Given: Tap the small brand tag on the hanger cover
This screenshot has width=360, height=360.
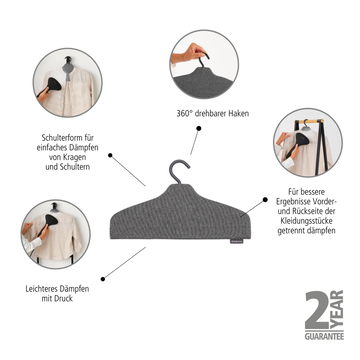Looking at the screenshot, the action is [x=235, y=241].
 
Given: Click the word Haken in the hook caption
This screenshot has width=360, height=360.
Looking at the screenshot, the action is [x=239, y=114].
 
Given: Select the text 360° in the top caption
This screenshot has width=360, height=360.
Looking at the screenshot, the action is [x=184, y=114].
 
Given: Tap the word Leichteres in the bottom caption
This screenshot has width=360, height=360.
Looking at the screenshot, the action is [x=42, y=289].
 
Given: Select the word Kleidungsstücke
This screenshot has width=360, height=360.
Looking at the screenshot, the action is [x=306, y=221].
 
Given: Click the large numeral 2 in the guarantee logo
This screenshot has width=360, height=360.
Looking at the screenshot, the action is [x=317, y=310].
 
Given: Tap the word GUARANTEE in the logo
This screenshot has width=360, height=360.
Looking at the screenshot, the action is [x=324, y=336].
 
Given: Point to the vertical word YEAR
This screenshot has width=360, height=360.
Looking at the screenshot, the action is [x=337, y=310].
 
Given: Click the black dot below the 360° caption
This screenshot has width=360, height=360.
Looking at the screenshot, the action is [x=199, y=128].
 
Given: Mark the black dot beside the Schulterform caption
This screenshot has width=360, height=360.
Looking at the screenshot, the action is [x=110, y=155].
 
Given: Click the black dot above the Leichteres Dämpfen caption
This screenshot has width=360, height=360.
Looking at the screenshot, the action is [x=103, y=279].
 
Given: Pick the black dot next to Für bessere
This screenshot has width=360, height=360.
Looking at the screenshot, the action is [x=265, y=199].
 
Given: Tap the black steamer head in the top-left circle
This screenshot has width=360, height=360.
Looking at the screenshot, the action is [x=54, y=84].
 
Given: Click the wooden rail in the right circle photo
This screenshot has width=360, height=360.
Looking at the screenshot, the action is [x=311, y=121].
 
